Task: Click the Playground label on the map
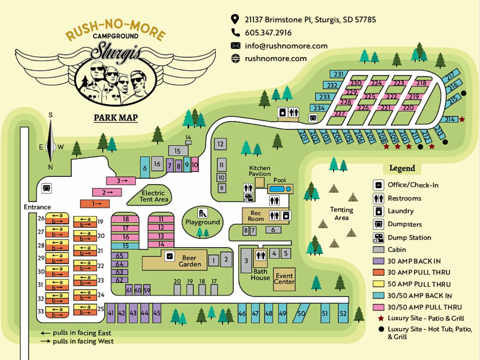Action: click(x=202, y=222)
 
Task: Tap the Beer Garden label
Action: click(x=189, y=261)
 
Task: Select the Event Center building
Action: click(x=284, y=279)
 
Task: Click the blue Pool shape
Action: click(x=277, y=189)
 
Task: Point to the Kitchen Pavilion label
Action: click(x=260, y=171)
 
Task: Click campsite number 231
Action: click(x=338, y=74)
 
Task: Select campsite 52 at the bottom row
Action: click(x=343, y=313)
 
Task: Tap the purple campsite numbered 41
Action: click(x=111, y=313)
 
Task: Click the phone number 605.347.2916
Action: click(x=268, y=33)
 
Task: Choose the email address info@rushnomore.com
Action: click(x=286, y=46)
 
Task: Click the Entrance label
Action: click(x=37, y=207)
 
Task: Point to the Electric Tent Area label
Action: click(x=153, y=196)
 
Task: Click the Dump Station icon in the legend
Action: click(x=378, y=238)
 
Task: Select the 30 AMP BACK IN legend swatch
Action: click(x=378, y=261)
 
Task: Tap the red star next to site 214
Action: click(x=462, y=119)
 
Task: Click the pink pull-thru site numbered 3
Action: click(x=121, y=181)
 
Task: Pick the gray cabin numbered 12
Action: click(x=220, y=144)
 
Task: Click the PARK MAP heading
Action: click(x=116, y=118)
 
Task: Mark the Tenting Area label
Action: click(x=341, y=213)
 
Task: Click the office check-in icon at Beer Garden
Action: click(x=170, y=256)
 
